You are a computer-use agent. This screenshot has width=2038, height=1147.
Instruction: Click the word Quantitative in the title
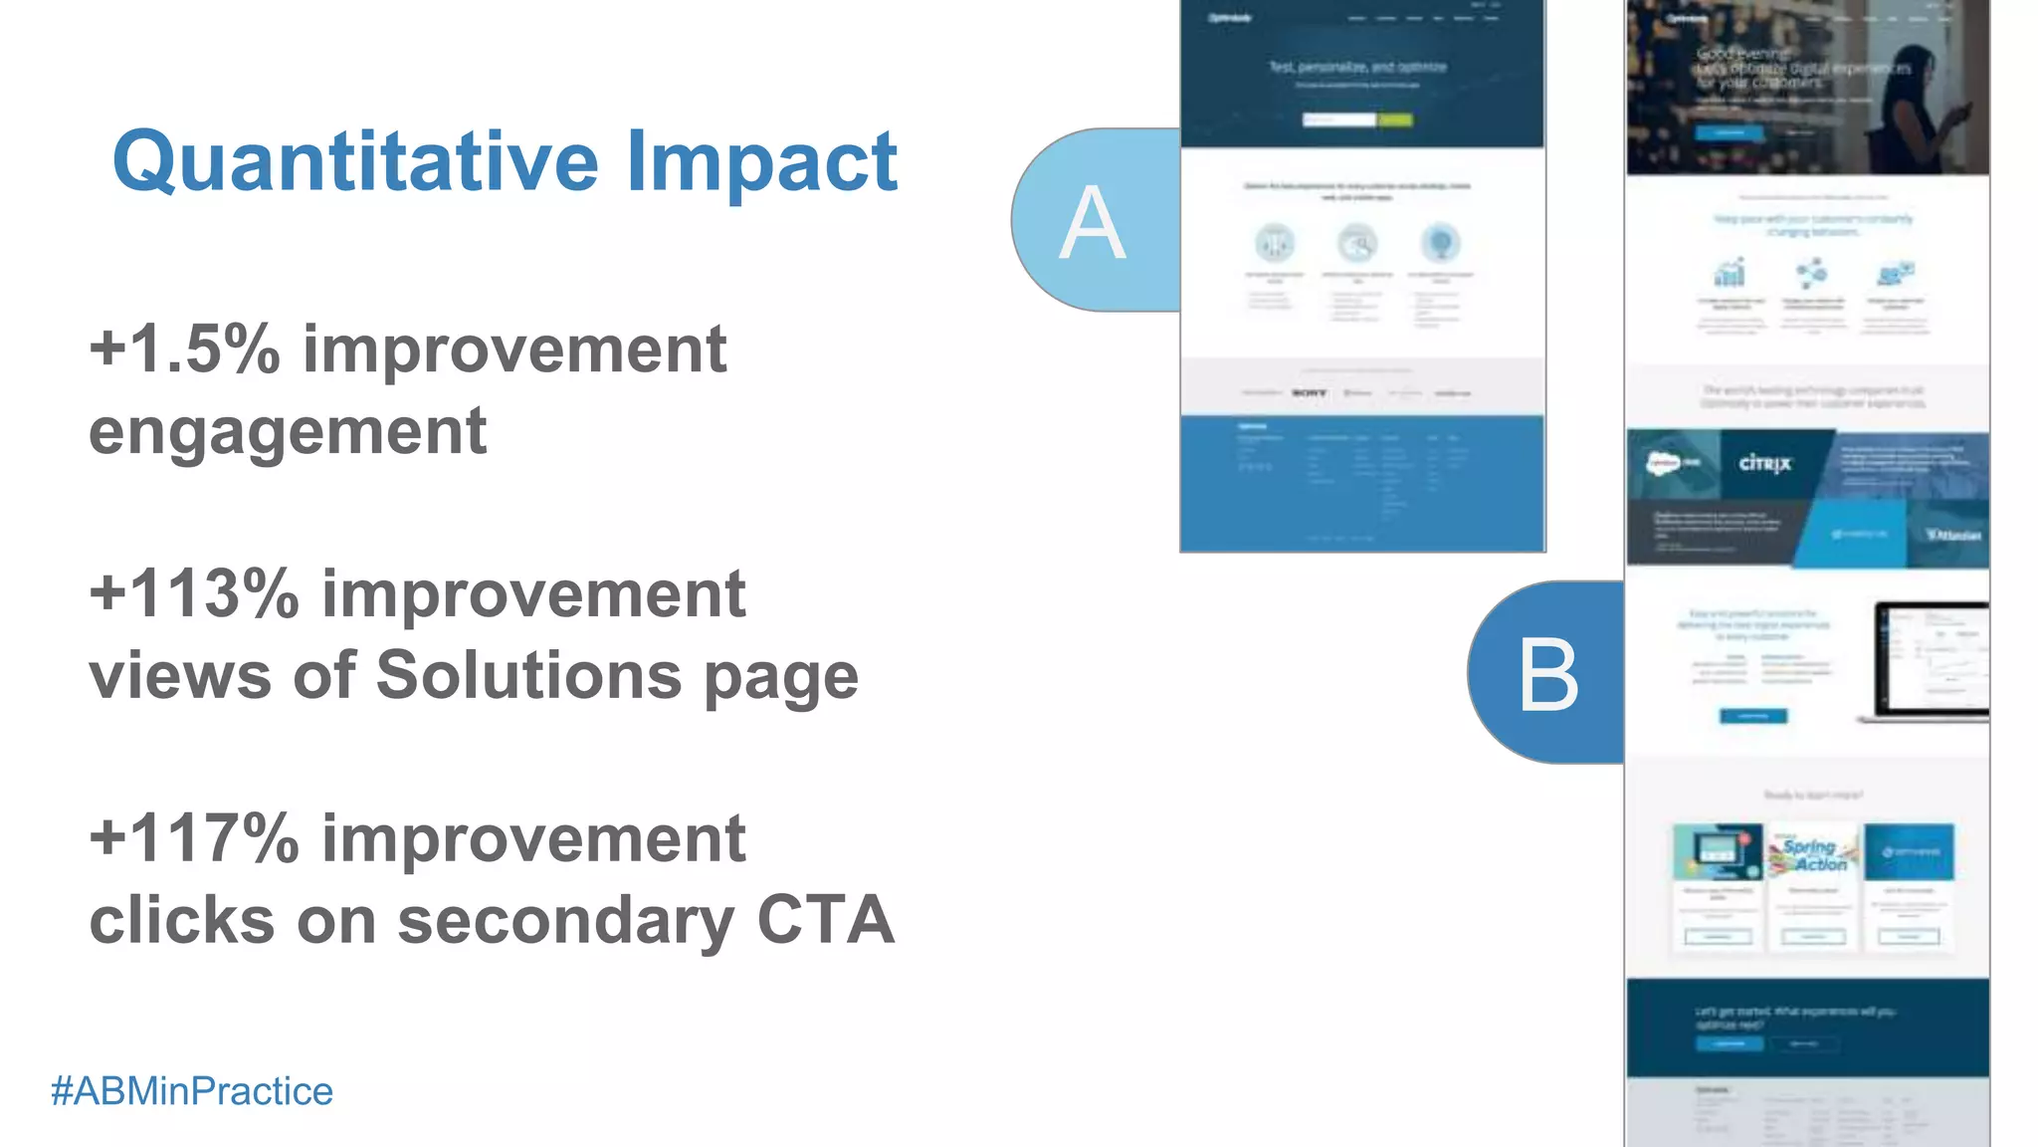[355, 162]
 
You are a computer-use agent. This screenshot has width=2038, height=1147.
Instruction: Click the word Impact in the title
[761, 162]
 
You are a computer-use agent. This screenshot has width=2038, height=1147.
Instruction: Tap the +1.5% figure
[184, 349]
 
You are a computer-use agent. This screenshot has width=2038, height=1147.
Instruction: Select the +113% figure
[194, 594]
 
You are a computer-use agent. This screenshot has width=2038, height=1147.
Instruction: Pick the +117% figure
[194, 838]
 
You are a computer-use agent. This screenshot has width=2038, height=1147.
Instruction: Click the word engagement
[288, 431]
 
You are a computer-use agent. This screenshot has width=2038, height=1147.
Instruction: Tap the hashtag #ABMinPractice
[192, 1091]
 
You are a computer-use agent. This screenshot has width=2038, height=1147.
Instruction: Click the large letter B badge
[1547, 675]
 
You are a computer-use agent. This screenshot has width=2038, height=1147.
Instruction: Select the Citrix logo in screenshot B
[1764, 464]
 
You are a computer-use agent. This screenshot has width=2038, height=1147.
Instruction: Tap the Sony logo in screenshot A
[1310, 393]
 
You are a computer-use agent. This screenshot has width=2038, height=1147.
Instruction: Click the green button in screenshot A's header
[1395, 120]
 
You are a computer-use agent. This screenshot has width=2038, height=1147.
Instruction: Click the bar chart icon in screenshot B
[1730, 272]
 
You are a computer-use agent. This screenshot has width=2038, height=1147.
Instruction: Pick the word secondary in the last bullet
[565, 920]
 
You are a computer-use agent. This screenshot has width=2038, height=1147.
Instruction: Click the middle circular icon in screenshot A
[1357, 243]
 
